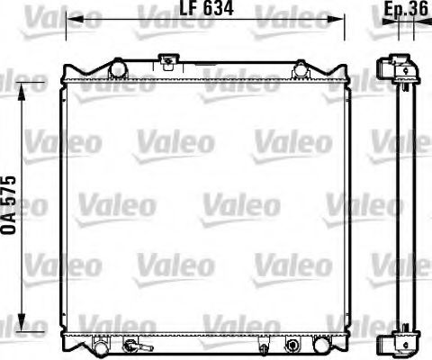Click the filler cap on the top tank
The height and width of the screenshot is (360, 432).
coord(166,62)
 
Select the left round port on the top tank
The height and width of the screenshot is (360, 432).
coord(116,68)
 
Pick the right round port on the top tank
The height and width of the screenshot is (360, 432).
coord(300,68)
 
